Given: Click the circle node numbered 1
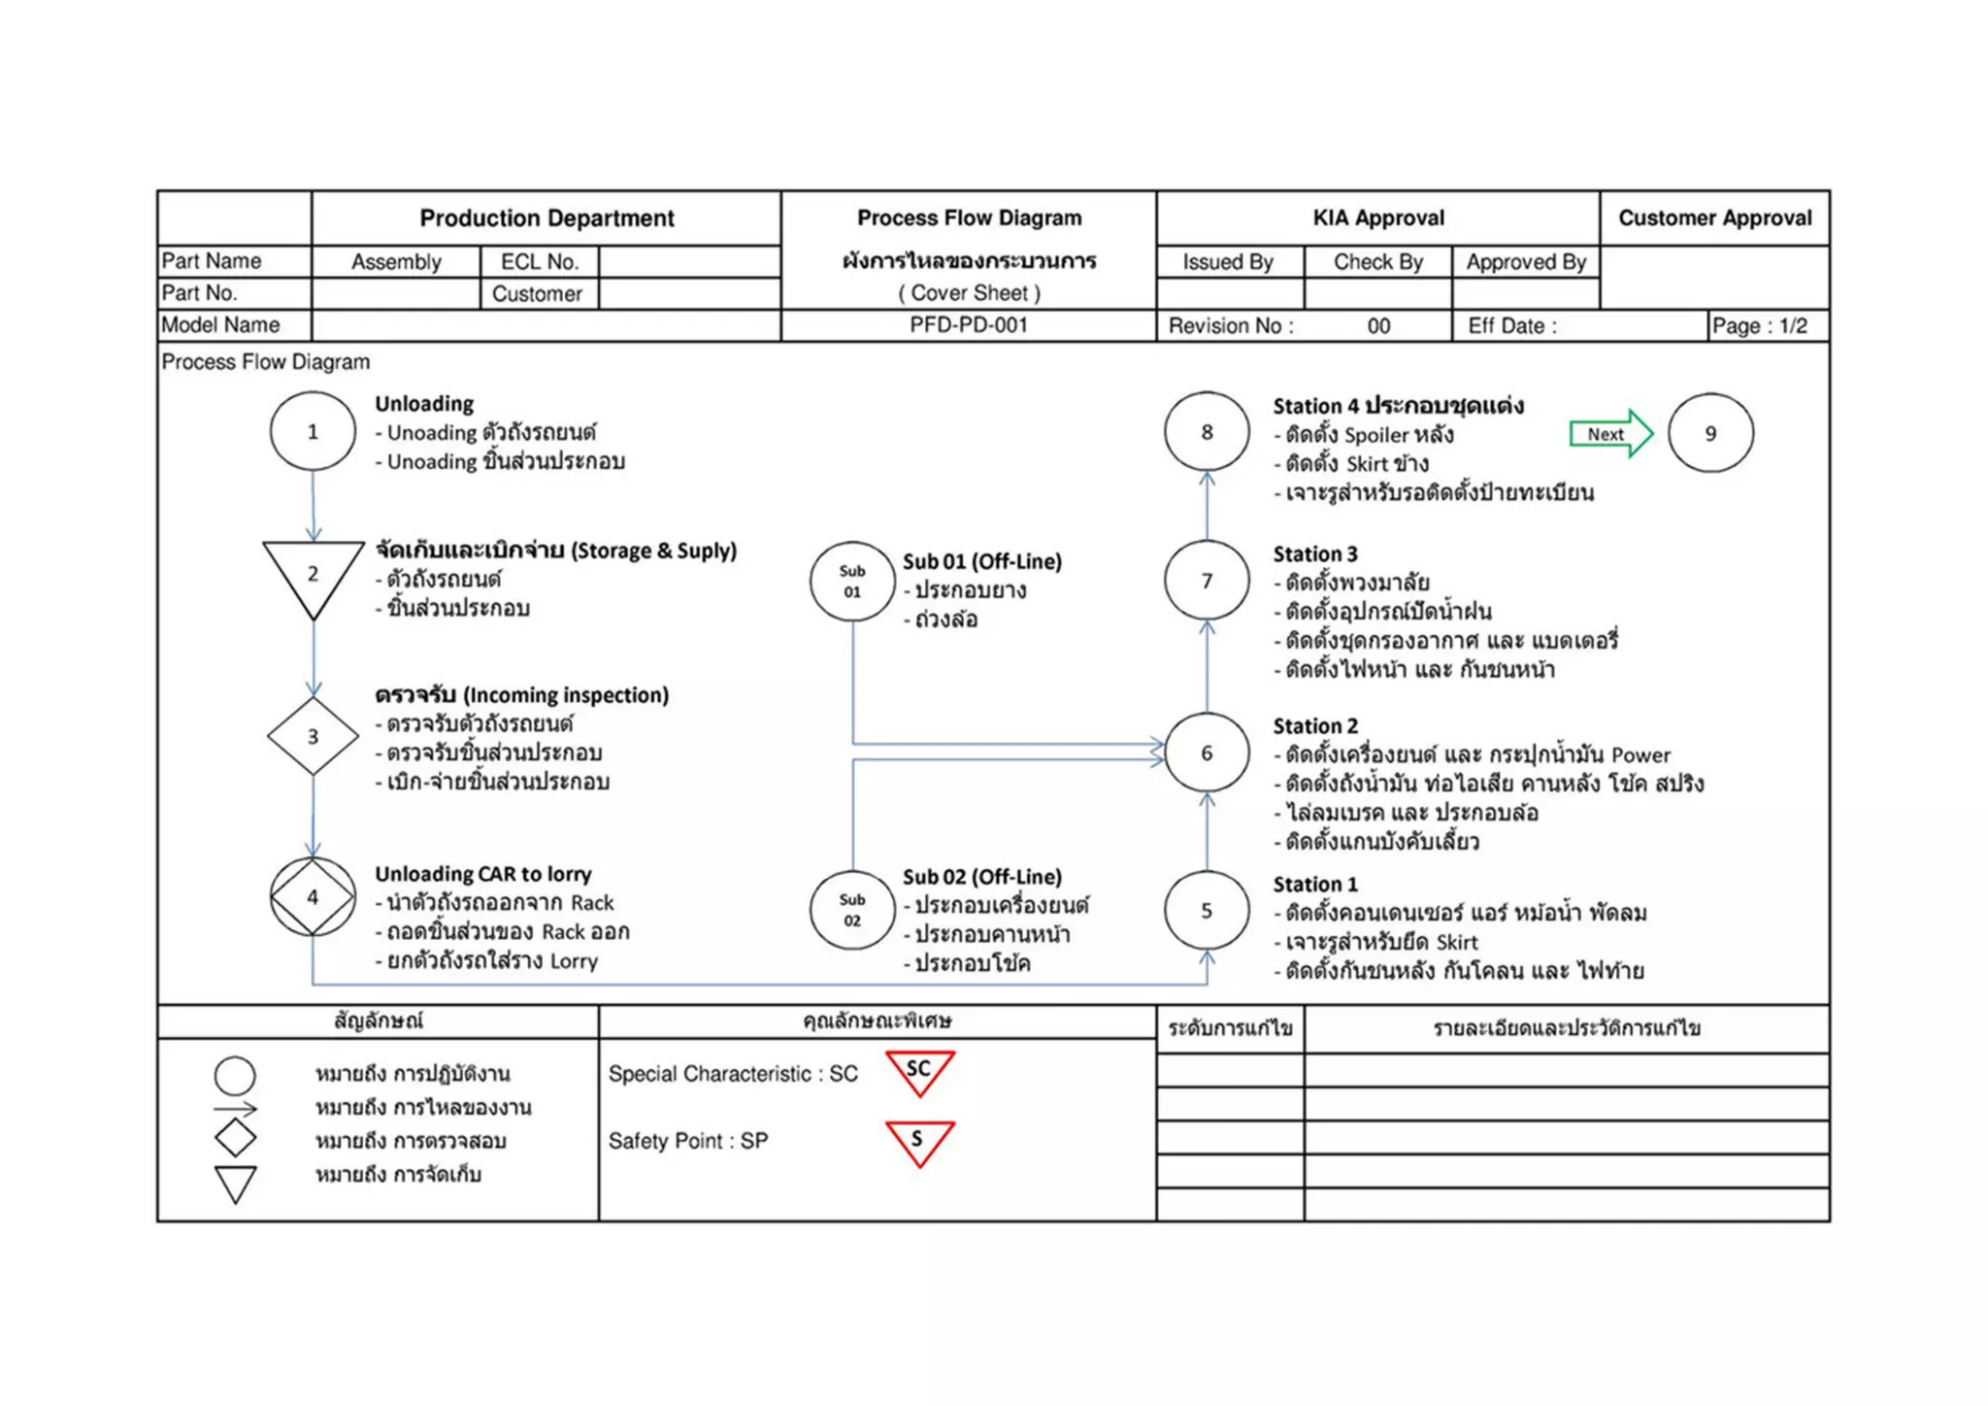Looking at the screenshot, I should (x=313, y=432).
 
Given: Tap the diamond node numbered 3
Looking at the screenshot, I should (x=313, y=736).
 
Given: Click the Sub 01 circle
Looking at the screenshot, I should (x=852, y=582).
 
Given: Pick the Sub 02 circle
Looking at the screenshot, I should (x=852, y=910).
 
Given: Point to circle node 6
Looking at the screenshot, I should (x=1207, y=753).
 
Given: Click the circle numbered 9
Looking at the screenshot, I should (x=1710, y=433).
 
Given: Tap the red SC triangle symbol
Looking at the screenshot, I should (x=919, y=1072).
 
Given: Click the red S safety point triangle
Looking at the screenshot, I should (x=919, y=1141).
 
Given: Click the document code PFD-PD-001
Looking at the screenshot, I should (x=968, y=325).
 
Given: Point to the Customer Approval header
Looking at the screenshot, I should (x=1714, y=218).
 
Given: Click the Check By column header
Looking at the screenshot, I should (x=1377, y=262).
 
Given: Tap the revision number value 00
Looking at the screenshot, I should (x=1378, y=326).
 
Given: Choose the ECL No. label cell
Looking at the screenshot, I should (x=539, y=262).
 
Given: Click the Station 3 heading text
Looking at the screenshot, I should (x=1315, y=554).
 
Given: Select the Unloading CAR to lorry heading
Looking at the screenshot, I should (x=482, y=874).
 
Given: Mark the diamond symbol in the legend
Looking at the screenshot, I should (x=235, y=1138).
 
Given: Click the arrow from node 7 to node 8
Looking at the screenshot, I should (x=1207, y=505).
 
